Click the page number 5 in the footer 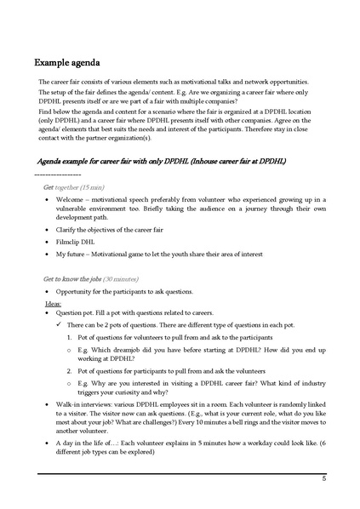tap(323, 479)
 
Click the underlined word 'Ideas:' tap(54, 303)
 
